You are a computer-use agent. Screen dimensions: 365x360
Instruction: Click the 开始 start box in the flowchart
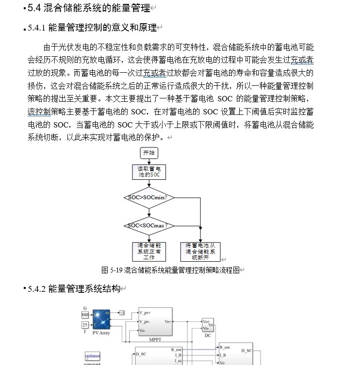point(149,153)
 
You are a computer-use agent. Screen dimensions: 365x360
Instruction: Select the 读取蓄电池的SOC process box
point(148,172)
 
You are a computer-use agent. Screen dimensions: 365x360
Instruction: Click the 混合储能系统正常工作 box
point(149,252)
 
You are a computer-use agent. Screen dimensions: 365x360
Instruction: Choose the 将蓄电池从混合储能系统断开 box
point(200,252)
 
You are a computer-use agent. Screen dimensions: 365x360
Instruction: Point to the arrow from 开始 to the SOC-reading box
point(149,161)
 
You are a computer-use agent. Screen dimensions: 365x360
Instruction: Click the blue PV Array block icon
point(102,319)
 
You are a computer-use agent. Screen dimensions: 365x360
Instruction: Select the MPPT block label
point(155,339)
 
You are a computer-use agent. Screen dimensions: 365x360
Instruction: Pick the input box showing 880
point(85,315)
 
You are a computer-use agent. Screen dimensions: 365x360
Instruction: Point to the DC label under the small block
point(208,335)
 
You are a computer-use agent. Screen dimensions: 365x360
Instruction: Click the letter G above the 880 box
point(85,308)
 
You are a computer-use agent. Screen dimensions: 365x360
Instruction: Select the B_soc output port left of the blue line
point(176,349)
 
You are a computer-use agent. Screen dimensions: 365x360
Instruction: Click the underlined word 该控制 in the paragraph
point(39,111)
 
